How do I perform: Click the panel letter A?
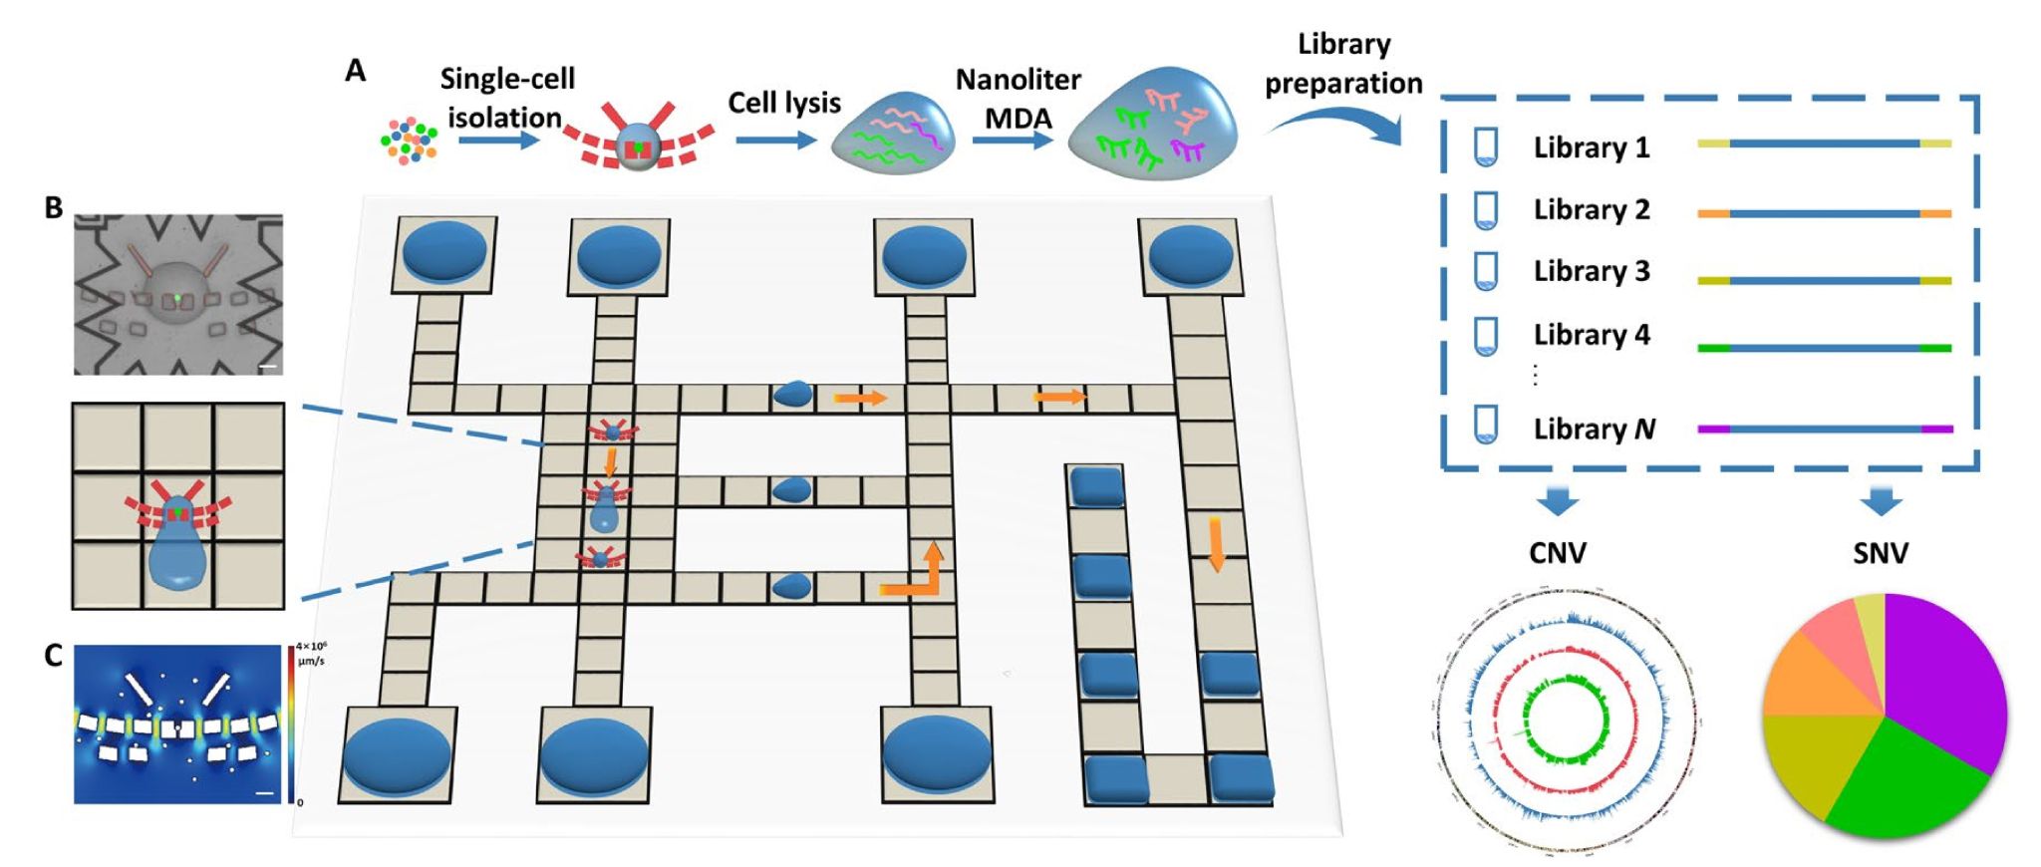click(x=356, y=71)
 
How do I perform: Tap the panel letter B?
click(x=54, y=207)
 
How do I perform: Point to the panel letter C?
click(x=54, y=655)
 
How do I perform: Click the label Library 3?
click(x=1591, y=271)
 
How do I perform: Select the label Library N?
click(x=1594, y=429)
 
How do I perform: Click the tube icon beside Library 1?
click(x=1486, y=147)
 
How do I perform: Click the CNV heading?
click(x=1558, y=553)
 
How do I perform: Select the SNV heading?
click(x=1881, y=553)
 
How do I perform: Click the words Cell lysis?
click(x=784, y=103)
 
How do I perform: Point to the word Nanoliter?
click(x=1018, y=80)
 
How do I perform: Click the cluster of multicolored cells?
click(x=410, y=141)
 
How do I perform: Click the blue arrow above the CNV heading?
click(x=1558, y=501)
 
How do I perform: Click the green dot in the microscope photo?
click(x=177, y=297)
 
